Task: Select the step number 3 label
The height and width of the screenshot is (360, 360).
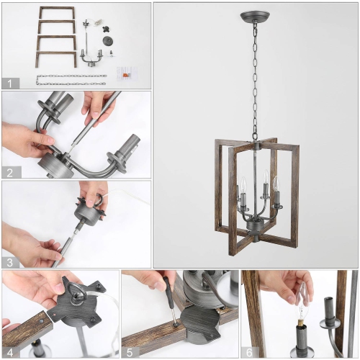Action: click(x=9, y=261)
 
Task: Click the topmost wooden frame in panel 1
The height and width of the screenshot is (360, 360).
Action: click(x=57, y=13)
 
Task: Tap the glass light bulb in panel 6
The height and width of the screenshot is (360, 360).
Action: click(x=303, y=295)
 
